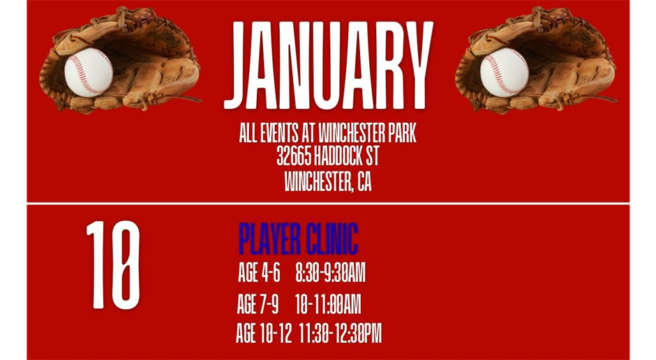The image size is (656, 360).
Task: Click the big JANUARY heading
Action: (x=328, y=66)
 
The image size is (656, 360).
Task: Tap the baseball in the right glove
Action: (x=504, y=72)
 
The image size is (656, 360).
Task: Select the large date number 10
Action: (x=113, y=265)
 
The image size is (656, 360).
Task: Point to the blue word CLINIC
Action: (x=332, y=239)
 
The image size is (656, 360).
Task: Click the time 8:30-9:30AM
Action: (x=330, y=273)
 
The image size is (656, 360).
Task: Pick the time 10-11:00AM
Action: (x=327, y=304)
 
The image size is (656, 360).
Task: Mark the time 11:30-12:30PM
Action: (x=340, y=334)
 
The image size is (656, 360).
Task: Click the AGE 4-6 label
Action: (x=259, y=273)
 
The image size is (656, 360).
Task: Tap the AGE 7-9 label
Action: (x=258, y=304)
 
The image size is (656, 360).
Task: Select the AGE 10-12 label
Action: (x=263, y=334)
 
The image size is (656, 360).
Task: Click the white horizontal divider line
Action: (x=328, y=203)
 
